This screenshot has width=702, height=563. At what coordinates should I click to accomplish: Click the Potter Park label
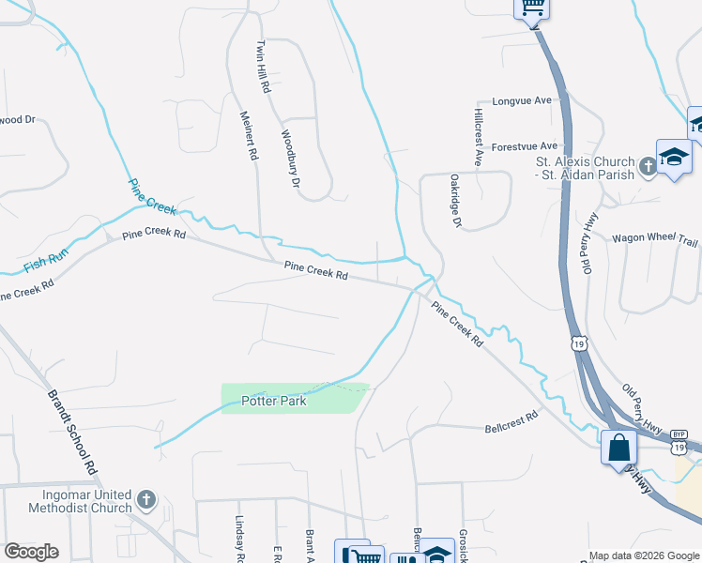coord(274,401)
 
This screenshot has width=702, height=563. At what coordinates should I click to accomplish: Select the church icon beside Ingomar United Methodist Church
coord(145,499)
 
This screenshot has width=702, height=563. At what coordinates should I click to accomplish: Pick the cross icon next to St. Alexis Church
coord(648,167)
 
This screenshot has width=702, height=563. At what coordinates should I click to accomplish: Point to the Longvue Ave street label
coord(522,101)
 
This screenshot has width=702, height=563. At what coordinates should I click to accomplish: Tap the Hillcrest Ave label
coord(478,137)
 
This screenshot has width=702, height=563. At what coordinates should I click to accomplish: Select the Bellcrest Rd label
coord(511,423)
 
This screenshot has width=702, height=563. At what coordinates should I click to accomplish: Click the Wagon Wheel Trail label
coord(655,239)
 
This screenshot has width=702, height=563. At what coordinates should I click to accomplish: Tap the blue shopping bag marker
coord(618,447)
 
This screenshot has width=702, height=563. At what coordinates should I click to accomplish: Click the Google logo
coord(31,552)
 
